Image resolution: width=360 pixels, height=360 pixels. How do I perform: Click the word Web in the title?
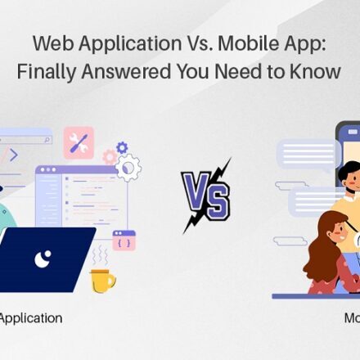pos(53,43)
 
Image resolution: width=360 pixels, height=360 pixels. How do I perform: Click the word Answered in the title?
pos(126,71)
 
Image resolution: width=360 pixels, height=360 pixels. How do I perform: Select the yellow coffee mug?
pos(102,281)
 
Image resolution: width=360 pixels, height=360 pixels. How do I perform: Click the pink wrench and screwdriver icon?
pos(79,143)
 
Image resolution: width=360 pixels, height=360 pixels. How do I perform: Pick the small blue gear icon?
pos(122,147)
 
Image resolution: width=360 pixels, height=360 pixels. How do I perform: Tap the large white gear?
pos(128,168)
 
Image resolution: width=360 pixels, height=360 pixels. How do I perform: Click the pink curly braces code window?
pos(124,241)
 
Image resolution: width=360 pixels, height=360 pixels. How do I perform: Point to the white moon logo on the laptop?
pos(43,259)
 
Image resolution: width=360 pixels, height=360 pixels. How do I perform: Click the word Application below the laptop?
pos(30,319)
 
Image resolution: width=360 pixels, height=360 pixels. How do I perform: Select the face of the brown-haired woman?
pos(337,234)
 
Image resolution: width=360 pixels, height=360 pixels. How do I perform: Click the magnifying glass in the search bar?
pos(47,140)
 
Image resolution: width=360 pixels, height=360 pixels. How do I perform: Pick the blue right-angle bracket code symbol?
pos(14,155)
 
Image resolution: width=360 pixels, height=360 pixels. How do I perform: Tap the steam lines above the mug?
pos(101,254)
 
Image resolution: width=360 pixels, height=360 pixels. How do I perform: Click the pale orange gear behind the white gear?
pos(110,157)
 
